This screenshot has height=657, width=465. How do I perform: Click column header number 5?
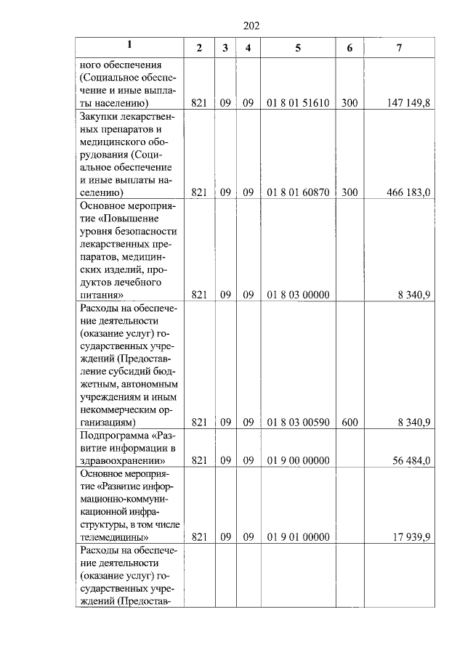pyautogui.click(x=298, y=47)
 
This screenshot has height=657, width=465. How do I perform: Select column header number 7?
pyautogui.click(x=399, y=47)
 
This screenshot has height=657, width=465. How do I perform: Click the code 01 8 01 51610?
pyautogui.click(x=298, y=103)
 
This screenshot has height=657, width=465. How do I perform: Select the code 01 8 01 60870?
pyautogui.click(x=298, y=192)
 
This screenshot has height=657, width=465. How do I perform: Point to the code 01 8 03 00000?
pyautogui.click(x=298, y=295)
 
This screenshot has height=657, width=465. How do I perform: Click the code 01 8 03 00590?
pyautogui.click(x=298, y=422)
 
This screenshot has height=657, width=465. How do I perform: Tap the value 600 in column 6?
pyautogui.click(x=349, y=422)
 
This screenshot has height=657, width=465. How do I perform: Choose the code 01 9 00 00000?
pyautogui.click(x=298, y=460)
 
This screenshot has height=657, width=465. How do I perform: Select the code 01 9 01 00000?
pyautogui.click(x=298, y=537)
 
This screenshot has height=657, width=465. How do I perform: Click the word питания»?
pyautogui.click(x=101, y=295)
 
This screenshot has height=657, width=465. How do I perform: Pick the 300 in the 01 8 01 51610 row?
pyautogui.click(x=349, y=103)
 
